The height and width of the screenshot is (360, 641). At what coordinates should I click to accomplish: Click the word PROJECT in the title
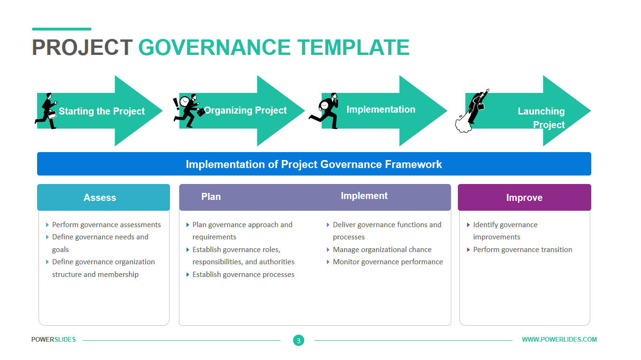(x=82, y=47)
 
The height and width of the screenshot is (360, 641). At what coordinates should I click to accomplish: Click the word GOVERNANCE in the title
(x=214, y=47)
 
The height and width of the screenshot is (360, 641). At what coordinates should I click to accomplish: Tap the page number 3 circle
(x=299, y=340)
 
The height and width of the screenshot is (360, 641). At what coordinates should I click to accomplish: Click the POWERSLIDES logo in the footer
(x=54, y=339)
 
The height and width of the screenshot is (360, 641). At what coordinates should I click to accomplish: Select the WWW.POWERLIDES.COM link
(x=559, y=339)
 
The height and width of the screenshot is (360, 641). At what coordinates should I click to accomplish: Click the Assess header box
(x=103, y=197)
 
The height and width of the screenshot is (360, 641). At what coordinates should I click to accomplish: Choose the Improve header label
(x=524, y=198)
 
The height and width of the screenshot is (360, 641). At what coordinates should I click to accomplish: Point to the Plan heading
(x=211, y=197)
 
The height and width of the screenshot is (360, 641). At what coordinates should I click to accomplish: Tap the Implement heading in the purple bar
(x=364, y=196)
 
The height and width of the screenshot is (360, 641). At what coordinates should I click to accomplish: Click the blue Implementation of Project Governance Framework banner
(x=314, y=164)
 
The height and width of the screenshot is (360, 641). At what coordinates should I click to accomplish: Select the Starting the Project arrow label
(x=101, y=111)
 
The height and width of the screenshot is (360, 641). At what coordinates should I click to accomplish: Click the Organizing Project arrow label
(x=246, y=110)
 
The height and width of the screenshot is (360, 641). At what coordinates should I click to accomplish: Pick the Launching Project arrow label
(x=541, y=118)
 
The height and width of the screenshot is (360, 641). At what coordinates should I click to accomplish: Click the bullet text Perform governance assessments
(x=107, y=225)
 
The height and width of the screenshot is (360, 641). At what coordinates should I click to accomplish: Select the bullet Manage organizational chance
(x=382, y=250)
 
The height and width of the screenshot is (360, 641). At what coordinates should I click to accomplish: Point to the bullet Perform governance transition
(x=523, y=250)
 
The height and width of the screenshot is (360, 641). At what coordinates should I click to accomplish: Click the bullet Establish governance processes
(x=243, y=275)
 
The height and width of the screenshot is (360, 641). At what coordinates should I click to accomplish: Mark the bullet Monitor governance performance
(x=388, y=262)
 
